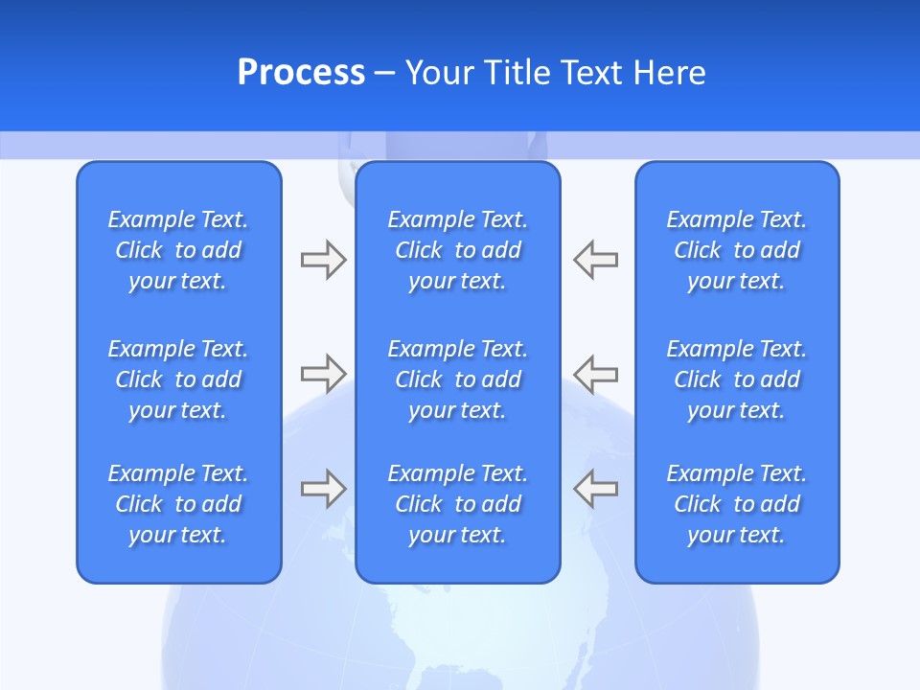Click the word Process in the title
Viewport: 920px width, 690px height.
(x=301, y=73)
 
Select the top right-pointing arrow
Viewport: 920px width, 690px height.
(x=323, y=260)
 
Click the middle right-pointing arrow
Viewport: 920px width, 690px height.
(x=323, y=373)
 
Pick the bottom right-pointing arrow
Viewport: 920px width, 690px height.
(x=323, y=488)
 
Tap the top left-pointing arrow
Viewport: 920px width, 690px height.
(x=595, y=260)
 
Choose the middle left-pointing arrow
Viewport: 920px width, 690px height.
(x=595, y=373)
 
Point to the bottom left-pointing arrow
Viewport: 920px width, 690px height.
(x=595, y=488)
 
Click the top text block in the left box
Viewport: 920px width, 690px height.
(x=178, y=250)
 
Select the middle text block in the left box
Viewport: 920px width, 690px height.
(x=178, y=379)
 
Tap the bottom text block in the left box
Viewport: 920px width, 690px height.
(x=178, y=504)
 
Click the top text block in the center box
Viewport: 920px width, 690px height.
(x=458, y=250)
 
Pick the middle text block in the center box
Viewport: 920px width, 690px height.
(x=458, y=379)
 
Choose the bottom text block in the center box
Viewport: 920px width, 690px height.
(x=458, y=504)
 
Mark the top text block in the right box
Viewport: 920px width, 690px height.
(x=737, y=250)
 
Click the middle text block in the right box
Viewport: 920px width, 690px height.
(x=737, y=379)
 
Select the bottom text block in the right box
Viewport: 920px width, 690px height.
(x=737, y=504)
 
